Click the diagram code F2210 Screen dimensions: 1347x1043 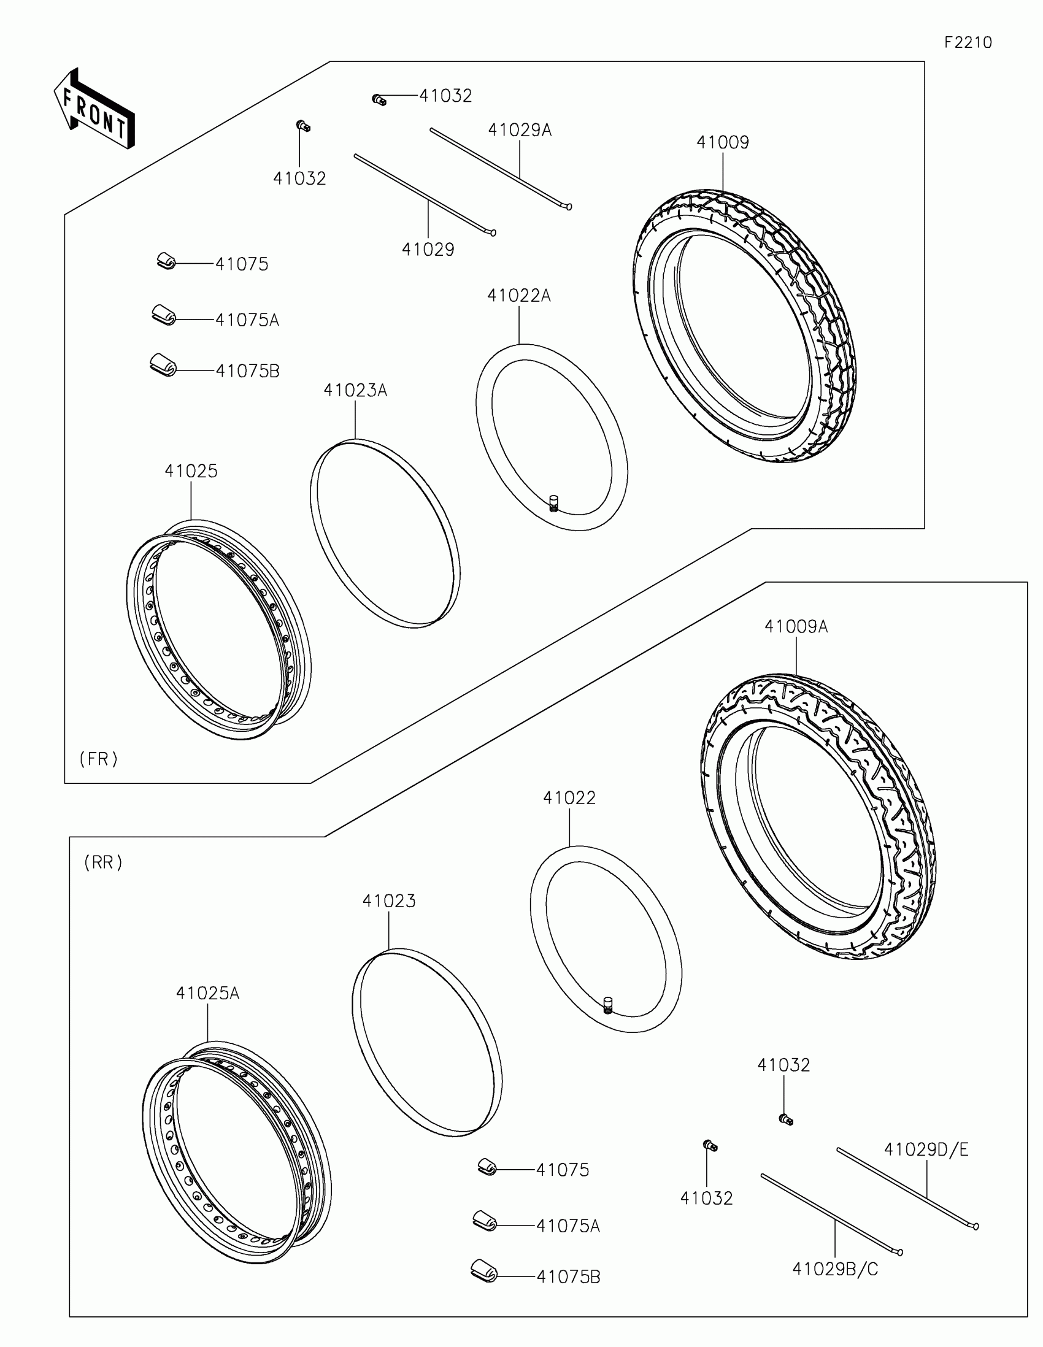[x=968, y=42]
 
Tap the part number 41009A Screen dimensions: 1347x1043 [x=796, y=627]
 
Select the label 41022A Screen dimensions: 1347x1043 [x=518, y=296]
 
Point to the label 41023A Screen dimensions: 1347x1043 [x=355, y=390]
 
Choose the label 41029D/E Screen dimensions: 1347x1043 [x=926, y=1149]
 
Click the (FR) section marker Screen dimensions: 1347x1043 [x=98, y=759]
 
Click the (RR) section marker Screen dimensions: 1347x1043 [x=103, y=862]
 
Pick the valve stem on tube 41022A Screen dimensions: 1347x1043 [x=553, y=503]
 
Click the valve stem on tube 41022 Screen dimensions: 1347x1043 [x=607, y=1005]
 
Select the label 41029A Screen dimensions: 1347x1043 [x=519, y=131]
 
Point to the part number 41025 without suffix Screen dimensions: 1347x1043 [x=191, y=471]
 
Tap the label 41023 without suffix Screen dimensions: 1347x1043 [x=388, y=901]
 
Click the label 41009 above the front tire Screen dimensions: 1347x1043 [x=722, y=142]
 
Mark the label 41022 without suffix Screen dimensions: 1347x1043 [x=569, y=798]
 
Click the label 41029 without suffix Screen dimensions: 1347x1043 [x=428, y=250]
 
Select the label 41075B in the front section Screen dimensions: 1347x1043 [x=247, y=371]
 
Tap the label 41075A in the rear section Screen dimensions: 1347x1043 [x=568, y=1226]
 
